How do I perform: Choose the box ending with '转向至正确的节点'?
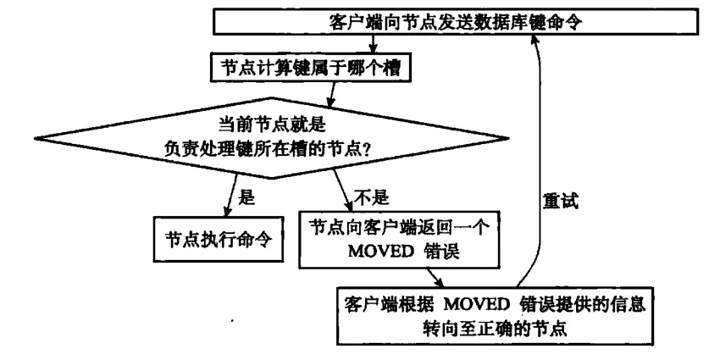pyautogui.click(x=495, y=314)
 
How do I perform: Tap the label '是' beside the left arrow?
pyautogui.click(x=247, y=198)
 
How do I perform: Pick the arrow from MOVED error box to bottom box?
pyautogui.click(x=435, y=278)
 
